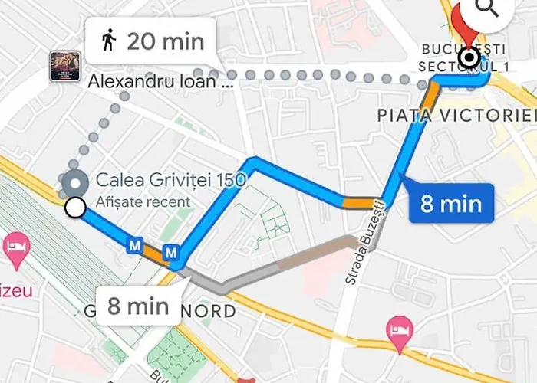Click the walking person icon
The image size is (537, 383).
pyautogui.click(x=109, y=41)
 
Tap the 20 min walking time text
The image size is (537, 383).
pyautogui.click(x=166, y=41)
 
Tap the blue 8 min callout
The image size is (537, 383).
pyautogui.click(x=450, y=203)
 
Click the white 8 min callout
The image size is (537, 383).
pyautogui.click(x=138, y=306)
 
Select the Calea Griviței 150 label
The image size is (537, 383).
pyautogui.click(x=170, y=181)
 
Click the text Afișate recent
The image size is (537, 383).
pyautogui.click(x=143, y=202)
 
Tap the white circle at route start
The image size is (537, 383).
pyautogui.click(x=74, y=208)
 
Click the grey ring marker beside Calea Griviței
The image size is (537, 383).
pyautogui.click(x=74, y=184)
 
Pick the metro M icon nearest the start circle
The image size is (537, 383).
pyautogui.click(x=135, y=245)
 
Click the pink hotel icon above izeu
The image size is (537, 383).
pyautogui.click(x=15, y=247)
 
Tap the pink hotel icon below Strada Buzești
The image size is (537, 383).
pyautogui.click(x=400, y=329)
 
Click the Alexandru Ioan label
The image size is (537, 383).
pyautogui.click(x=161, y=81)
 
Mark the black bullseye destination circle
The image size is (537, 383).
pyautogui.click(x=469, y=57)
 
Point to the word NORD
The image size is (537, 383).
pyautogui.click(x=208, y=313)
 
